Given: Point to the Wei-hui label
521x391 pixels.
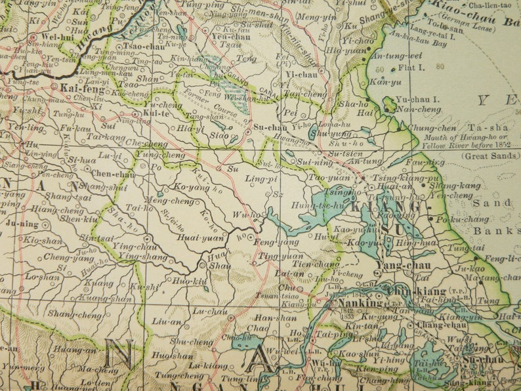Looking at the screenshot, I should [56, 37].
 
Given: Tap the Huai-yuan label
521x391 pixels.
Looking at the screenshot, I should [201, 239].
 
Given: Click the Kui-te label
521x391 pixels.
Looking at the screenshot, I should [156, 113].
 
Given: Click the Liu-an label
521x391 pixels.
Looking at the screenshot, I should [164, 321].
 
